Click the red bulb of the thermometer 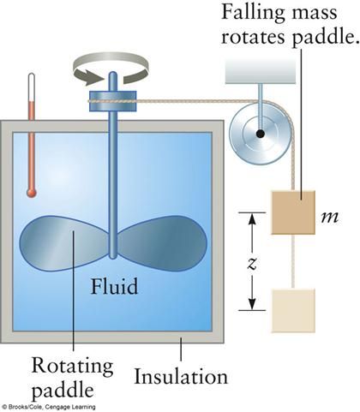pyautogui.click(x=32, y=193)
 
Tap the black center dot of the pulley pyautogui.click(x=260, y=134)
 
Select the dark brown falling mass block pyautogui.click(x=293, y=212)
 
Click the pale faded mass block pyautogui.click(x=293, y=311)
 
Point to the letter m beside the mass pyautogui.click(x=330, y=217)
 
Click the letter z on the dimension pyautogui.click(x=252, y=264)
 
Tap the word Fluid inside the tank pyautogui.click(x=114, y=286)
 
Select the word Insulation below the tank pyautogui.click(x=181, y=377)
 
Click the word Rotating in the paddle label pyautogui.click(x=72, y=366)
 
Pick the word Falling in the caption pyautogui.click(x=253, y=13)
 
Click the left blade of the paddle pyautogui.click(x=64, y=243)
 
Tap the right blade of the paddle pyautogui.click(x=162, y=243)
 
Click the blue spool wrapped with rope pyautogui.click(x=113, y=101)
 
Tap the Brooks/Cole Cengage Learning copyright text pyautogui.click(x=49, y=407)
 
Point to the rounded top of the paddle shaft pyautogui.click(x=113, y=75)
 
